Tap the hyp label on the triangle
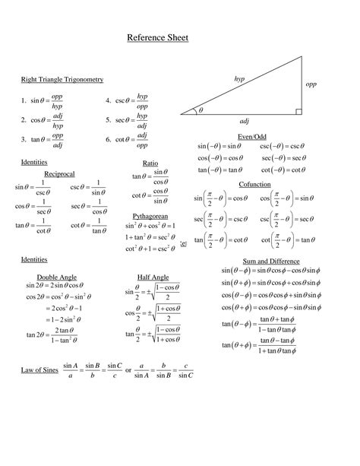pos(239,78)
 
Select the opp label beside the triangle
pos(311,84)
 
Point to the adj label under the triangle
pos(244,121)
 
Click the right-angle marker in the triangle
pos(298,112)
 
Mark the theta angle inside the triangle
pos(201,111)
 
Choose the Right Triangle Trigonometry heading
pos(62,79)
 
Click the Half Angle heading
pos(153,277)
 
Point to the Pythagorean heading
pos(150,217)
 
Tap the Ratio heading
pos(150,163)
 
